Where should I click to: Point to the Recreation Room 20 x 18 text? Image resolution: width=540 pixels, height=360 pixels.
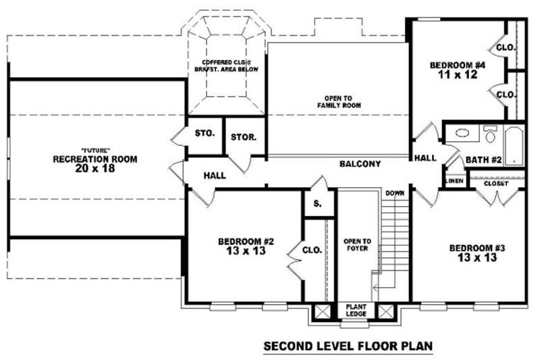(95, 160)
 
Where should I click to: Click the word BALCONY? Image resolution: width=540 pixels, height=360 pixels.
(360, 164)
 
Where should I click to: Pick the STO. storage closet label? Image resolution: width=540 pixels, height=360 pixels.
(205, 133)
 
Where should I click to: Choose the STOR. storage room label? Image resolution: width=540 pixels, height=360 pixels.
(243, 137)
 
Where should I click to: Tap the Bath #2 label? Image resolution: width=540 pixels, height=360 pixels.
(483, 160)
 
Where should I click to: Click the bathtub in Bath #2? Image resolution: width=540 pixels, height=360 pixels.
(514, 145)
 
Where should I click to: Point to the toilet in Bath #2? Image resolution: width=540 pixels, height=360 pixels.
(490, 134)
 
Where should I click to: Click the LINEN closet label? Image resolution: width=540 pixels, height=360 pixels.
(454, 181)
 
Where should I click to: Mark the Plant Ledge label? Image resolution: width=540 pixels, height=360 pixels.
(356, 310)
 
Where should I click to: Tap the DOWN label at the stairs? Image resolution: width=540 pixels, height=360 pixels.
(395, 194)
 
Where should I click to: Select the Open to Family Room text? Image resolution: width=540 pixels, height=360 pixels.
(339, 102)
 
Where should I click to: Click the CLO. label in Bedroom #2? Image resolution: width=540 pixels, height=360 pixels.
(312, 250)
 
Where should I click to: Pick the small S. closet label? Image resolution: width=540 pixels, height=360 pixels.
(317, 203)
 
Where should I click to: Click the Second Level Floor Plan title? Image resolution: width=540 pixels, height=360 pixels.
(347, 346)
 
